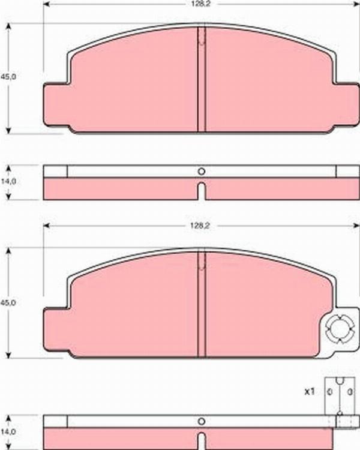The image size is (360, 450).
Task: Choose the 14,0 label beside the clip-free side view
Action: point(8,180)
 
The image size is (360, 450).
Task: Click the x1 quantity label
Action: point(309,391)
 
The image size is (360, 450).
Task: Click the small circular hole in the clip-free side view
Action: point(202,171)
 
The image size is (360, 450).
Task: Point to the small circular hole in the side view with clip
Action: point(202,420)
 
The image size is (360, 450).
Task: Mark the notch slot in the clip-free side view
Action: point(202,192)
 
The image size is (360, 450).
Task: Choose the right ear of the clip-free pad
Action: point(346,105)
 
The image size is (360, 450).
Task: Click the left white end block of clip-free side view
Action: point(55,171)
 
